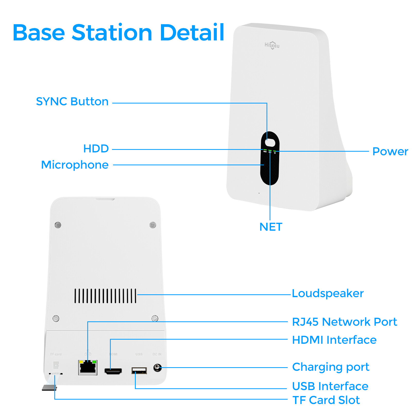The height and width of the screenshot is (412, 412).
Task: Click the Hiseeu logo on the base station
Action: click(272, 45)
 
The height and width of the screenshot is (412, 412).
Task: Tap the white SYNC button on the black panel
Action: click(270, 142)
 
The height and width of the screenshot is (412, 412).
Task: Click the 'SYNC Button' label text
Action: click(72, 101)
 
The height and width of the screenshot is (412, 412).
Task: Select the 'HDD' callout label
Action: click(96, 149)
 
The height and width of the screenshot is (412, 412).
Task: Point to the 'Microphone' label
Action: click(75, 165)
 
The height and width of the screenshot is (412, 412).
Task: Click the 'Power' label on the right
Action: click(390, 151)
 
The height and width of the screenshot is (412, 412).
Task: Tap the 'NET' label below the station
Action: click(271, 227)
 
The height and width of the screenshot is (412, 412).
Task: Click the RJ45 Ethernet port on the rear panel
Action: click(88, 367)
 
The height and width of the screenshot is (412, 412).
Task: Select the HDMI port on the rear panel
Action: click(113, 371)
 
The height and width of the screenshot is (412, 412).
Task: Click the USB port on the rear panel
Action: click(139, 371)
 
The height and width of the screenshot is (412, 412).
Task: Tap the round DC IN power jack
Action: click(157, 367)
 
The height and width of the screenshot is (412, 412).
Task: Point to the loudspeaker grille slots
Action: click(105, 296)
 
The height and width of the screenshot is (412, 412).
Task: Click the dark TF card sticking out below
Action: click(49, 388)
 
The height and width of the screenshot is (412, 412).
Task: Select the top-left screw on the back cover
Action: click(58, 225)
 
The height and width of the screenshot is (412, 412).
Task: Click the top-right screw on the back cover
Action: click(153, 225)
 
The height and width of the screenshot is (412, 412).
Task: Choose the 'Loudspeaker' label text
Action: click(328, 293)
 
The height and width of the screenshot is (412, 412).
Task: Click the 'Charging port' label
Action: click(331, 367)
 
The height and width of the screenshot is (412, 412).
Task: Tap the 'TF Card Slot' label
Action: click(326, 400)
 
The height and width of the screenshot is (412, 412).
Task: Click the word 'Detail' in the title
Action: click(192, 33)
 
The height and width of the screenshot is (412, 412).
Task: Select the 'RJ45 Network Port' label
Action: click(344, 322)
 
